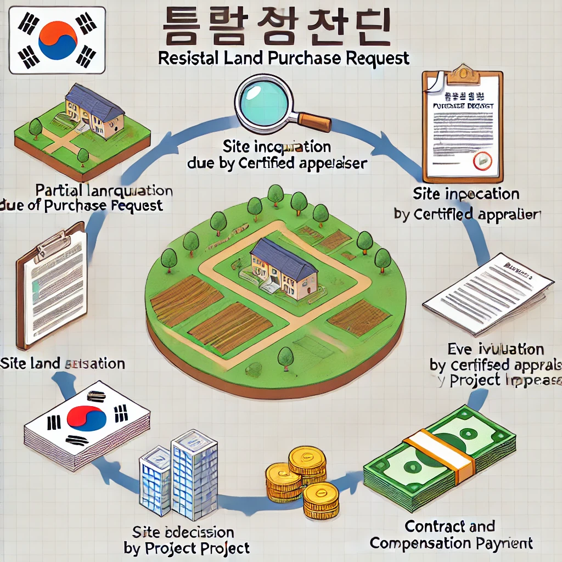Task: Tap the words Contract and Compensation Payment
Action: tap(451, 535)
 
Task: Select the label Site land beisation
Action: tap(63, 363)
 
